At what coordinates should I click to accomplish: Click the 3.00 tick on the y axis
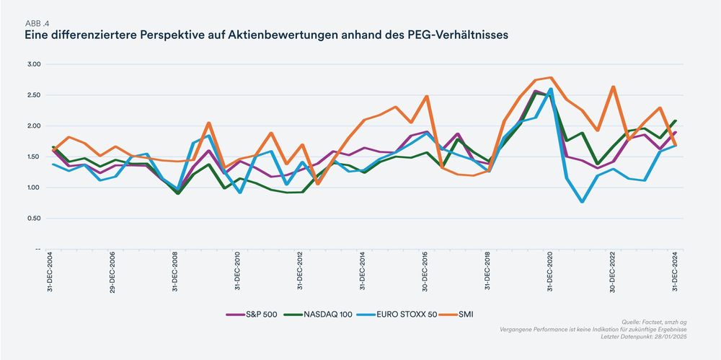coord(33,64)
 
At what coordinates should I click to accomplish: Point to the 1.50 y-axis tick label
coord(33,157)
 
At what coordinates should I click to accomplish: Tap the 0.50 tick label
coord(33,219)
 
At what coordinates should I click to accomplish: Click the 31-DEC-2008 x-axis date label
coord(175,272)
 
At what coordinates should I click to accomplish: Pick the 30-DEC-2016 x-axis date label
coord(425,272)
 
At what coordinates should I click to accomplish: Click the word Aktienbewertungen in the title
coord(269,34)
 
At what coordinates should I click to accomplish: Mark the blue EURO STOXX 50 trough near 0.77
coord(582,201)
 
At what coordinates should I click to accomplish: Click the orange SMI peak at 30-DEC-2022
coord(613,87)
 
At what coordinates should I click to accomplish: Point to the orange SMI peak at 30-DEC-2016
coord(426,96)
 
